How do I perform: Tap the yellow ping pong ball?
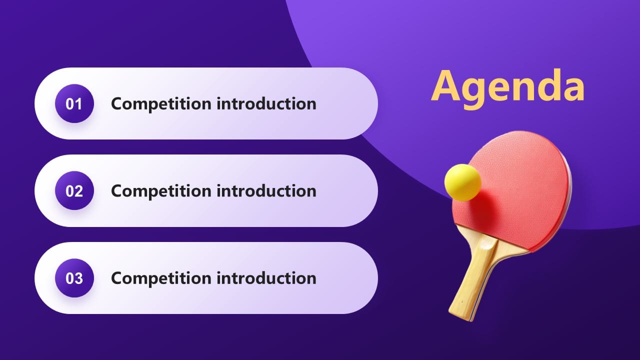click(462, 182)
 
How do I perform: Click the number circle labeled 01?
click(74, 104)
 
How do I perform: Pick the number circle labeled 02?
click(74, 191)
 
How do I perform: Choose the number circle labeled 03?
click(74, 278)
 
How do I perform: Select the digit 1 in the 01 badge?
click(78, 104)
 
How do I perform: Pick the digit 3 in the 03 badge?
click(78, 278)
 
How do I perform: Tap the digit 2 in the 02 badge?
click(78, 191)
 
